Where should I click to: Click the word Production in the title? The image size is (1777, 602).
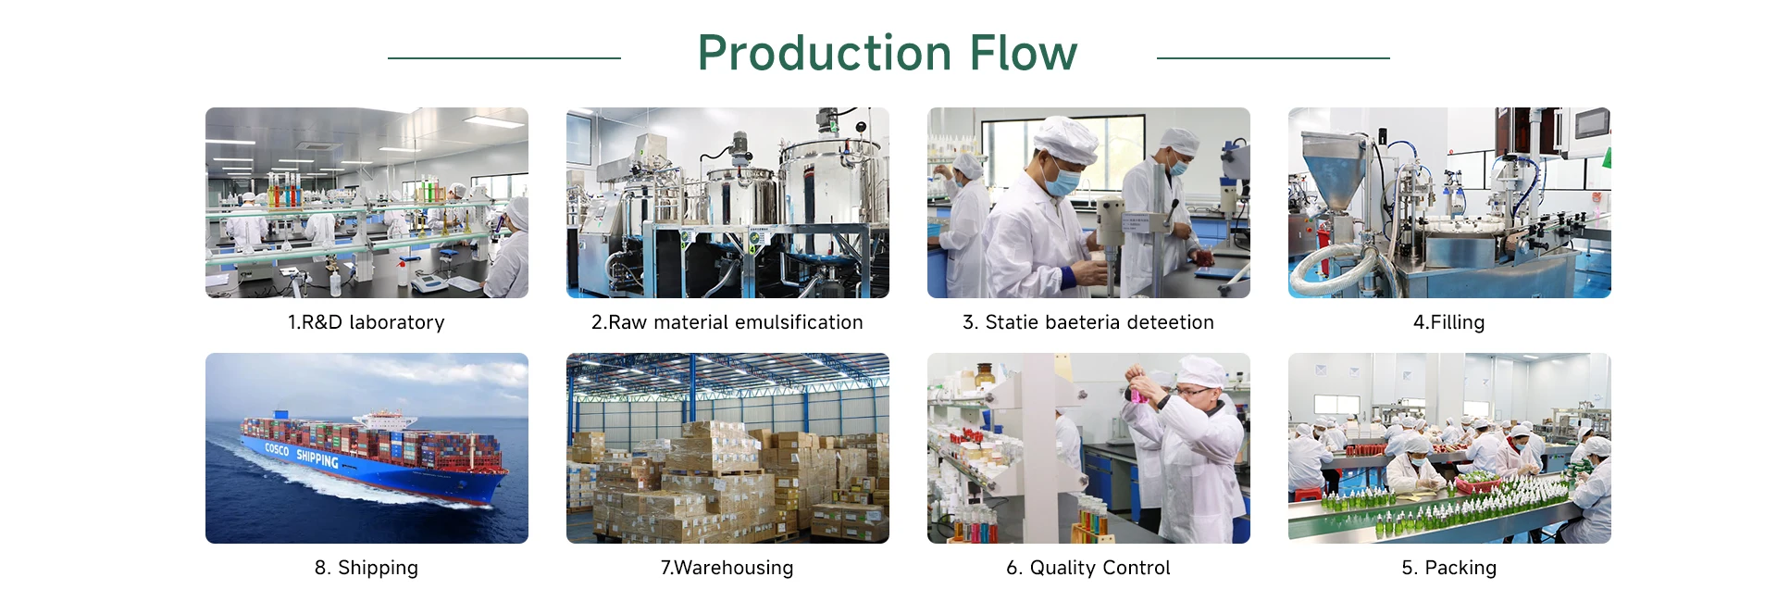[x=826, y=54]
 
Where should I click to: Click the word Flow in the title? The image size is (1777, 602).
[x=1024, y=54]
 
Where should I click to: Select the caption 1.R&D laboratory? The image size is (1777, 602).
[x=367, y=322]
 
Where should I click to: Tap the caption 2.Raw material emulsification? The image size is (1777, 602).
[x=727, y=322]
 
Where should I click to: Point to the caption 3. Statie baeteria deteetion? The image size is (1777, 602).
[x=1088, y=322]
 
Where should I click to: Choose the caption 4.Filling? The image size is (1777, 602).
[x=1449, y=322]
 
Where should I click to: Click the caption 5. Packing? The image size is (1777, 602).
[x=1449, y=568]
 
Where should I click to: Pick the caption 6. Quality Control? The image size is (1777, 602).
[x=1088, y=568]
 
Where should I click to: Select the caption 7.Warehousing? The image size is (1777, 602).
[x=727, y=568]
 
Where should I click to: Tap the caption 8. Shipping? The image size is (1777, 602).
[x=367, y=568]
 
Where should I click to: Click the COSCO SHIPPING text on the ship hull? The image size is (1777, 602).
[x=302, y=454]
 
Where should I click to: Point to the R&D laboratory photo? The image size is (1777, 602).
[x=367, y=203]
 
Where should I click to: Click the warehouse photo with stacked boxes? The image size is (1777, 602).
[x=727, y=448]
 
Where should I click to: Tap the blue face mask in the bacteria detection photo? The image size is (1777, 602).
[x=1062, y=180]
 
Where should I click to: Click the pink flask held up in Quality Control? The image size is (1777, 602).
[x=1137, y=393]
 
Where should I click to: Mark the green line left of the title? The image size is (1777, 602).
[x=504, y=58]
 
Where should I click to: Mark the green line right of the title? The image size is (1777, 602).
[x=1274, y=58]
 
